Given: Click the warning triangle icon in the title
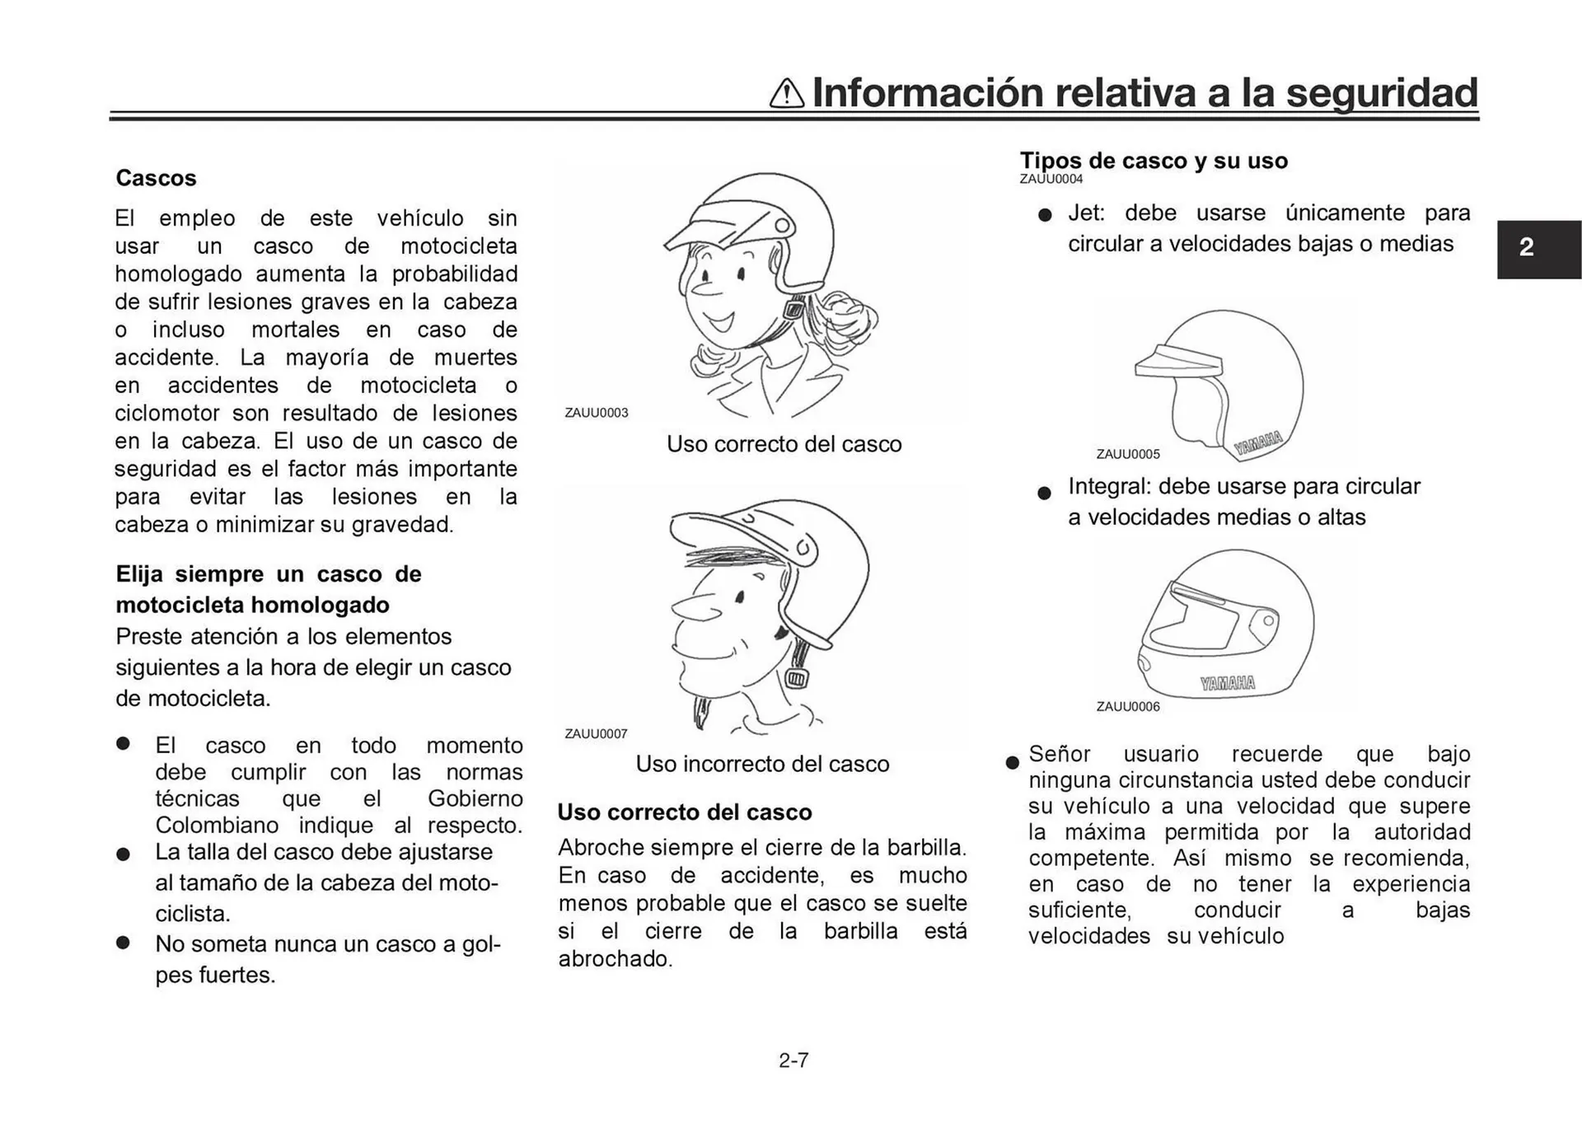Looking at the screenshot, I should pyautogui.click(x=786, y=93).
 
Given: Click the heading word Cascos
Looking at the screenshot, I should pyautogui.click(x=156, y=178).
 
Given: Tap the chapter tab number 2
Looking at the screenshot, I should pyautogui.click(x=1526, y=247).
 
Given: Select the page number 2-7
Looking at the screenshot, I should pyautogui.click(x=793, y=1060).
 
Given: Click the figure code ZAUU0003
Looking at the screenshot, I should pyautogui.click(x=596, y=413).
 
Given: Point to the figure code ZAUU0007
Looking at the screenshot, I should pyautogui.click(x=596, y=733).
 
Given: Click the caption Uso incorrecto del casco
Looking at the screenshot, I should pyautogui.click(x=762, y=764).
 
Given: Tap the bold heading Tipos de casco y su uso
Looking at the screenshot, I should pyautogui.click(x=1154, y=161).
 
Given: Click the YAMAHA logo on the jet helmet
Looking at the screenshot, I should pyautogui.click(x=1258, y=442).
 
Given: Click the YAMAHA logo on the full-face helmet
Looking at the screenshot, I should pyautogui.click(x=1228, y=683).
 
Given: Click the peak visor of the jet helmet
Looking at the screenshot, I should pyautogui.click(x=1177, y=363).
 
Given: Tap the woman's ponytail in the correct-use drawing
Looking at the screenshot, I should pyautogui.click(x=849, y=317).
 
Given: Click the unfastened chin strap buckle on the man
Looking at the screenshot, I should pyautogui.click(x=795, y=678).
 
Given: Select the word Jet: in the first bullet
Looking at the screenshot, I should pyautogui.click(x=1086, y=213).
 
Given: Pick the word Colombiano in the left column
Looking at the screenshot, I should pyautogui.click(x=217, y=826).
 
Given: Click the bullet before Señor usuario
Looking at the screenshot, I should pyautogui.click(x=1013, y=762).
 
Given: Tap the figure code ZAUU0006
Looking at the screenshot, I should pyautogui.click(x=1127, y=706).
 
